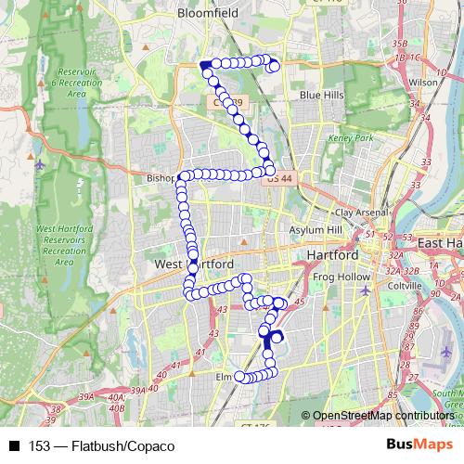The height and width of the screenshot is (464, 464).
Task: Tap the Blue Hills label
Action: (321, 95)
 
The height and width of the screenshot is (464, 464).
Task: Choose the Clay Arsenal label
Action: (362, 213)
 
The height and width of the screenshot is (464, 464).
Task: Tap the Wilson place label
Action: (422, 82)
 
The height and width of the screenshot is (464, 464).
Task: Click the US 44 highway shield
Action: (277, 177)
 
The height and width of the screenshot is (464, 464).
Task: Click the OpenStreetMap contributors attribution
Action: (382, 417)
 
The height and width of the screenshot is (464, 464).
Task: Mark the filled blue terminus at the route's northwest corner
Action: (204, 65)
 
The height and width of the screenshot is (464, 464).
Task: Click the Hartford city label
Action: (331, 255)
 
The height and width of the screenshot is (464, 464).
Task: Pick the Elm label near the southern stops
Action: (224, 378)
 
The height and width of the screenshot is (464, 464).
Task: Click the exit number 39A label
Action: (86, 396)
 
